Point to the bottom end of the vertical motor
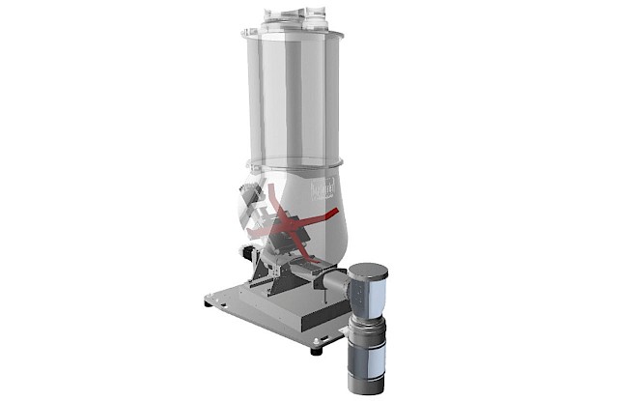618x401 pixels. click(365, 388)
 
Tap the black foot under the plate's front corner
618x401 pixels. click(316, 350)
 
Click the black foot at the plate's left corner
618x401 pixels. click(208, 302)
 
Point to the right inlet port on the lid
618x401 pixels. click(315, 14)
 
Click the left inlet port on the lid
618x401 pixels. click(271, 14)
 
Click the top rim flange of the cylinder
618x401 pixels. click(293, 35)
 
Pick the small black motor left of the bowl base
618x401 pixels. click(249, 253)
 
